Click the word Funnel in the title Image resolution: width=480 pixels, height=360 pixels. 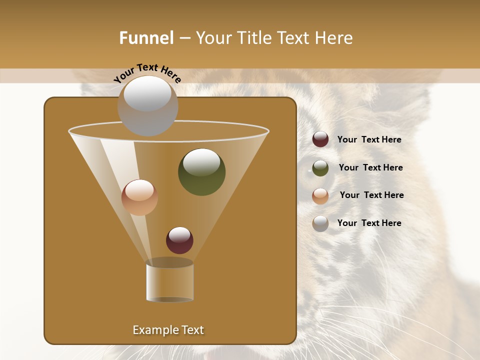pyautogui.click(x=146, y=38)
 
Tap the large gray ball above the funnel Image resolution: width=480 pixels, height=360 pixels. pyautogui.click(x=147, y=105)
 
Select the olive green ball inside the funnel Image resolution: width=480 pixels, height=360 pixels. pyautogui.click(x=201, y=171)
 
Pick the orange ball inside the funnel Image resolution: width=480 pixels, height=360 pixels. pyautogui.click(x=139, y=197)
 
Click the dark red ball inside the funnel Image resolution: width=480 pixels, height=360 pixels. pyautogui.click(x=179, y=240)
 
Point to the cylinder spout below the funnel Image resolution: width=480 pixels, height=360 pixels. pyautogui.click(x=169, y=281)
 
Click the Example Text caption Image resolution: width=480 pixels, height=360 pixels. pyautogui.click(x=168, y=330)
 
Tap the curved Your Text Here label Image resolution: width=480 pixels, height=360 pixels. pyautogui.click(x=147, y=73)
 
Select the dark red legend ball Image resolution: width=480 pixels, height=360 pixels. pyautogui.click(x=320, y=139)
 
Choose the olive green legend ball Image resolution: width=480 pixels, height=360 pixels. pyautogui.click(x=320, y=168)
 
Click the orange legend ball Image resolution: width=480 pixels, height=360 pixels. pyautogui.click(x=320, y=196)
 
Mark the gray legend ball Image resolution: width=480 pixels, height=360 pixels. pyautogui.click(x=320, y=223)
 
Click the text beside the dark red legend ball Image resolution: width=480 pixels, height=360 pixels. pyautogui.click(x=369, y=140)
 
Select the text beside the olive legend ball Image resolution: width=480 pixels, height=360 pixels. pyautogui.click(x=370, y=168)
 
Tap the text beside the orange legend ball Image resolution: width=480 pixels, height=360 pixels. pyautogui.click(x=371, y=195)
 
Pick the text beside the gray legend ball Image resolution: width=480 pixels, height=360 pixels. pyautogui.click(x=369, y=223)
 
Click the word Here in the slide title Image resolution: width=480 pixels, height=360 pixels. pyautogui.click(x=334, y=38)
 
